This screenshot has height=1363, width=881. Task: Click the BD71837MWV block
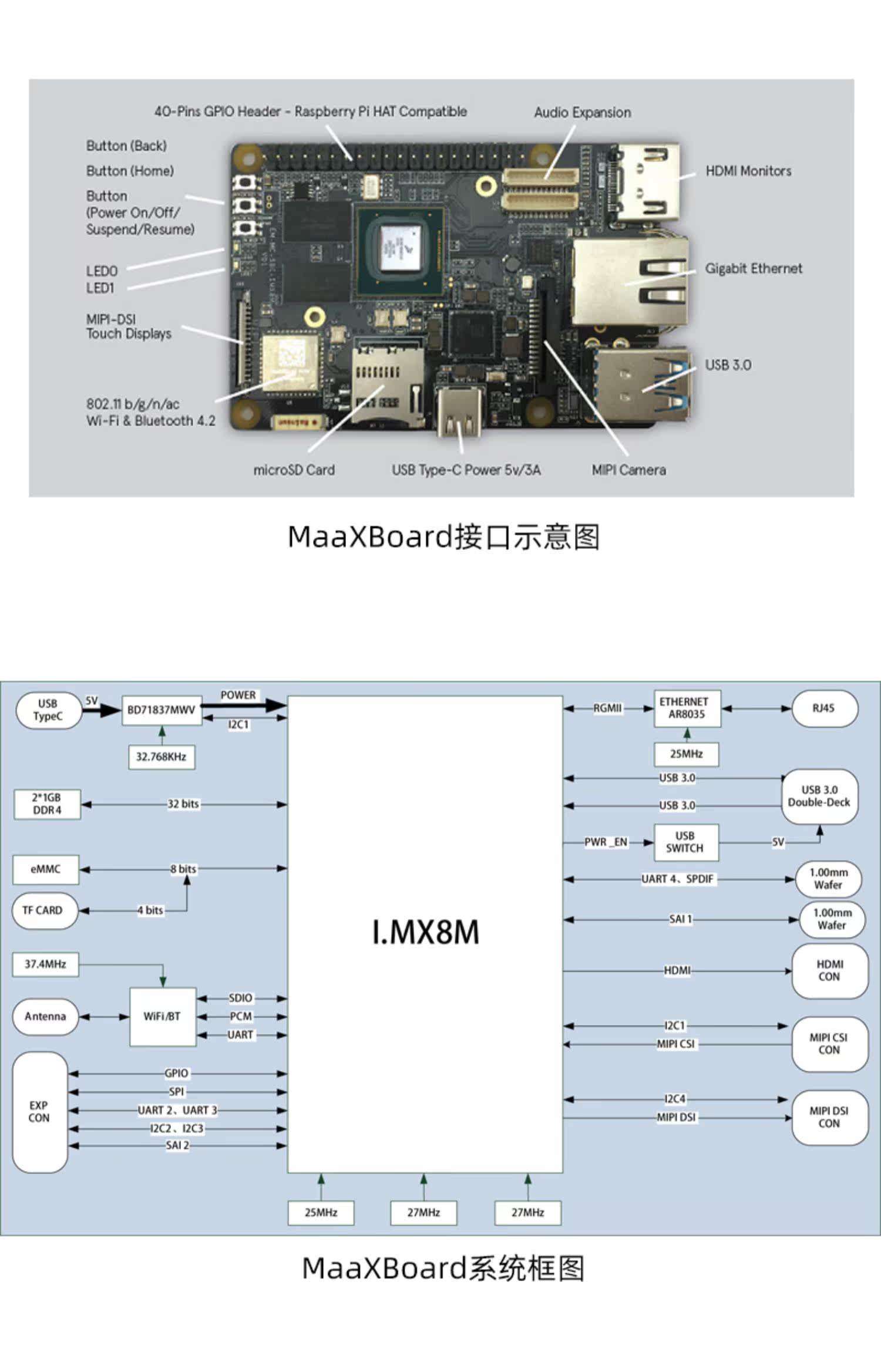tap(162, 710)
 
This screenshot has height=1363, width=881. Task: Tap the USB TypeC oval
tap(48, 710)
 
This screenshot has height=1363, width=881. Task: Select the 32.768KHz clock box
tap(162, 757)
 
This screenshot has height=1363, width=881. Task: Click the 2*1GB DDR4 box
tap(47, 804)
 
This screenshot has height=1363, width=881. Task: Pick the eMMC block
tap(46, 869)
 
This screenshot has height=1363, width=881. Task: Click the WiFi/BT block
tap(163, 1016)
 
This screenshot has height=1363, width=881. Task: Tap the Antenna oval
tap(45, 1016)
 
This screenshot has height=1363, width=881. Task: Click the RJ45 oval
tap(825, 709)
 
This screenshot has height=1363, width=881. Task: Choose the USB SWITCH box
tap(686, 842)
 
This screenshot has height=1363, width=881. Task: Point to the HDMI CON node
tap(829, 971)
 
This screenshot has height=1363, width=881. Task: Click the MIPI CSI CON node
tap(829, 1044)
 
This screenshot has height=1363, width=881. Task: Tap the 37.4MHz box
tap(45, 964)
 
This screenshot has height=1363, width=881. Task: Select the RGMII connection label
tap(607, 709)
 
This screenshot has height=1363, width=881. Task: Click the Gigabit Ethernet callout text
tap(754, 268)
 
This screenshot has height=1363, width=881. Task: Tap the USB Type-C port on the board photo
tap(460, 411)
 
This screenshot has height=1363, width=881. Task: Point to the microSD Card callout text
tap(294, 470)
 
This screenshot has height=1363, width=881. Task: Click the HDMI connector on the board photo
tap(645, 182)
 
